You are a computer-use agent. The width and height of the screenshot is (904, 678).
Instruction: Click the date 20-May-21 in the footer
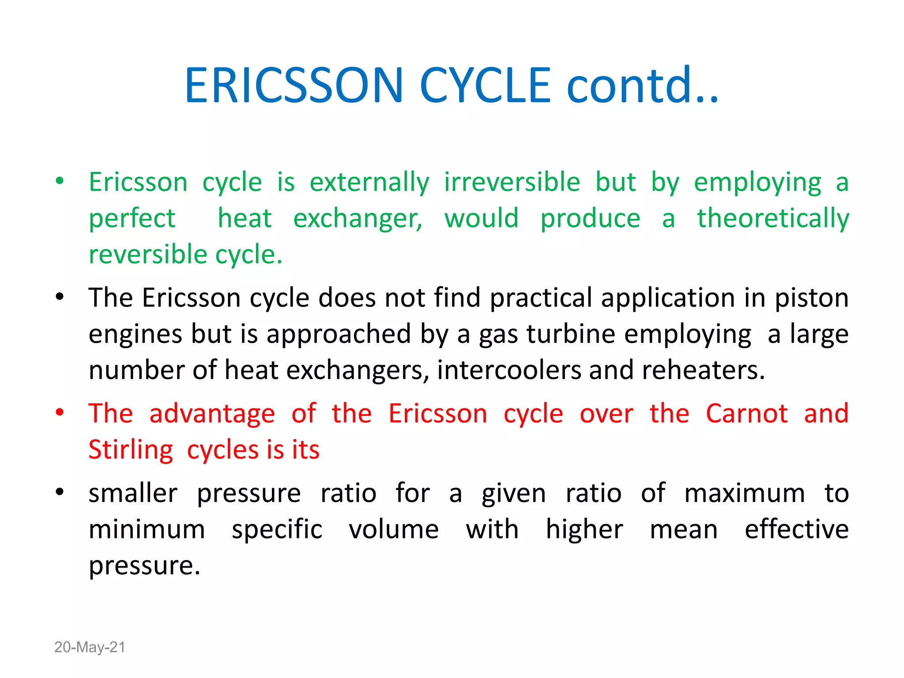90,647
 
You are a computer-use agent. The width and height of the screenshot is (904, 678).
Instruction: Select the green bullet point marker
60,181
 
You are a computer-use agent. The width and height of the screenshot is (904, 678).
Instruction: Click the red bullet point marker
60,413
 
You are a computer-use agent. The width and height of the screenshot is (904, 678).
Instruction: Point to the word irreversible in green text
512,182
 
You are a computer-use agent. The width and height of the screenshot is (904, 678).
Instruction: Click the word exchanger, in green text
358,218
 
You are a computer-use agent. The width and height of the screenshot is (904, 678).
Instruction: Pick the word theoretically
773,218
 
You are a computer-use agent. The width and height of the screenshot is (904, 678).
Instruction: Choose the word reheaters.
703,370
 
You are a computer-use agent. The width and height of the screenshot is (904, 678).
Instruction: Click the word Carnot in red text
746,414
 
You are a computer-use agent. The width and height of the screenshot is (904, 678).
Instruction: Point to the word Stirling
131,450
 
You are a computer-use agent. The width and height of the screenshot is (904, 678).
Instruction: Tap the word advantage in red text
212,414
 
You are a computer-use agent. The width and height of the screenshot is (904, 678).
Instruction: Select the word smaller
133,493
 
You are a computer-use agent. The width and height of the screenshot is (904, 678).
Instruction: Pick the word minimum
147,529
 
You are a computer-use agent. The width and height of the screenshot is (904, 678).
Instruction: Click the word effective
796,529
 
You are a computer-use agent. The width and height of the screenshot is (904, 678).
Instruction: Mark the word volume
393,529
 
